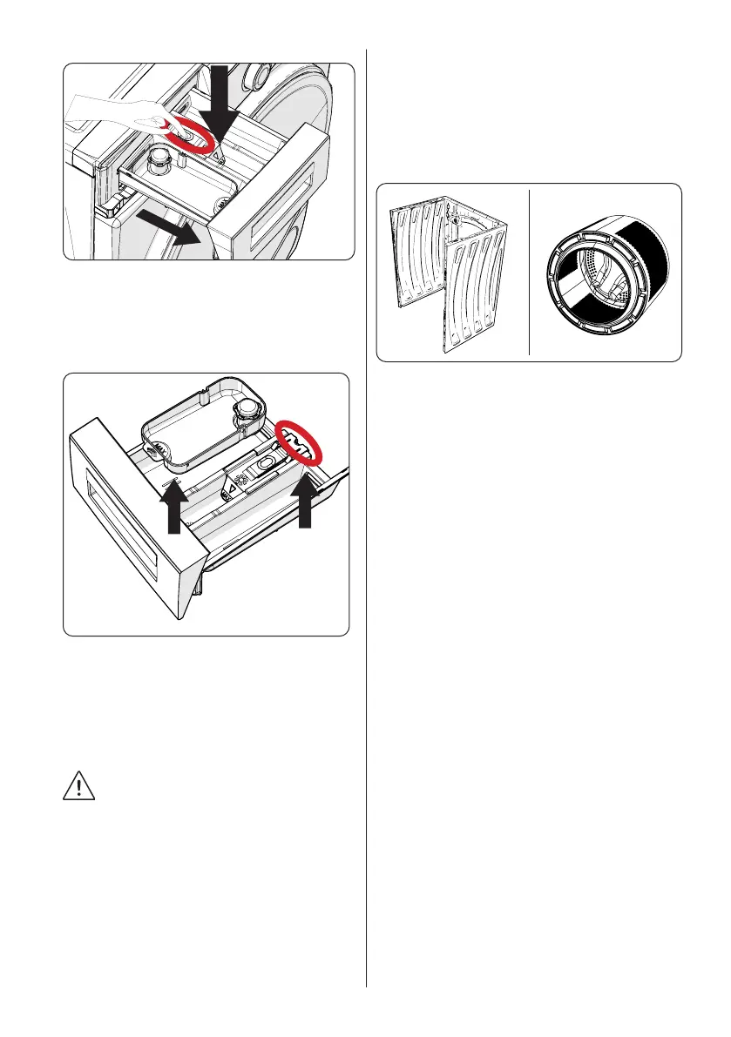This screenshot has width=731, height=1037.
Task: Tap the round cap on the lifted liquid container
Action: tap(251, 409)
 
